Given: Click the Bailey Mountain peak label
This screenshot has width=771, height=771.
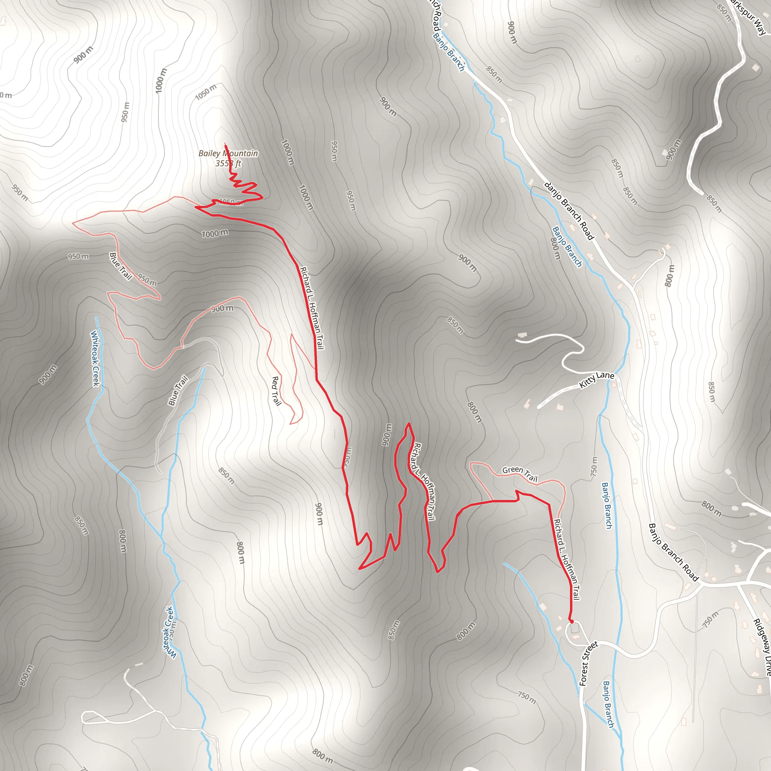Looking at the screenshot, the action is pos(228,153).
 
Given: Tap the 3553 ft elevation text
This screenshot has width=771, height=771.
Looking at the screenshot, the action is pos(228,163).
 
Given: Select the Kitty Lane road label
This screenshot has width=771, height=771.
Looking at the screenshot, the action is pos(596,379).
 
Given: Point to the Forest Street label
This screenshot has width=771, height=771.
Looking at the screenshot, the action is pos(588,663).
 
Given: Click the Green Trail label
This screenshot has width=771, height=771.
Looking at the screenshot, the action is pos(520,473).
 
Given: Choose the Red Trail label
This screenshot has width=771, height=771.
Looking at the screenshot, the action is pos(276,391).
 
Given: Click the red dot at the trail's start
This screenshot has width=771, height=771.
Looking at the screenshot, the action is pos(571,621).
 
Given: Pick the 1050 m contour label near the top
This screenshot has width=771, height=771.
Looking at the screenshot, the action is pos(206,92).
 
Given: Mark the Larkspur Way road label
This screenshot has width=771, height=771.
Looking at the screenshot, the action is pos(748,16).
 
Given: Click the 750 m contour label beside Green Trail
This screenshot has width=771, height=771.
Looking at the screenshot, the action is pos(594,467).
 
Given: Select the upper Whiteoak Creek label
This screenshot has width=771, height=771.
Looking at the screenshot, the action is pos(95,358).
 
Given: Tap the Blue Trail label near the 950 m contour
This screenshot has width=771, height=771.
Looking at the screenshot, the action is pos(120,266).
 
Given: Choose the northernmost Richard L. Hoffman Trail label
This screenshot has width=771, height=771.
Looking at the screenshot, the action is pos(312,308).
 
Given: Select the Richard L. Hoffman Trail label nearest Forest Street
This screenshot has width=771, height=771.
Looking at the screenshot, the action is pos(566,559).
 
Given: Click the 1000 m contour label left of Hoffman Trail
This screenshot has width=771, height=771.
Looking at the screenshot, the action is pos(215,233).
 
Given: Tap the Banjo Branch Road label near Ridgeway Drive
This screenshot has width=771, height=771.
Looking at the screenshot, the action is pos(673,552).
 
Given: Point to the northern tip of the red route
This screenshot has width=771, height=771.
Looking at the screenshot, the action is pos(226,144).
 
